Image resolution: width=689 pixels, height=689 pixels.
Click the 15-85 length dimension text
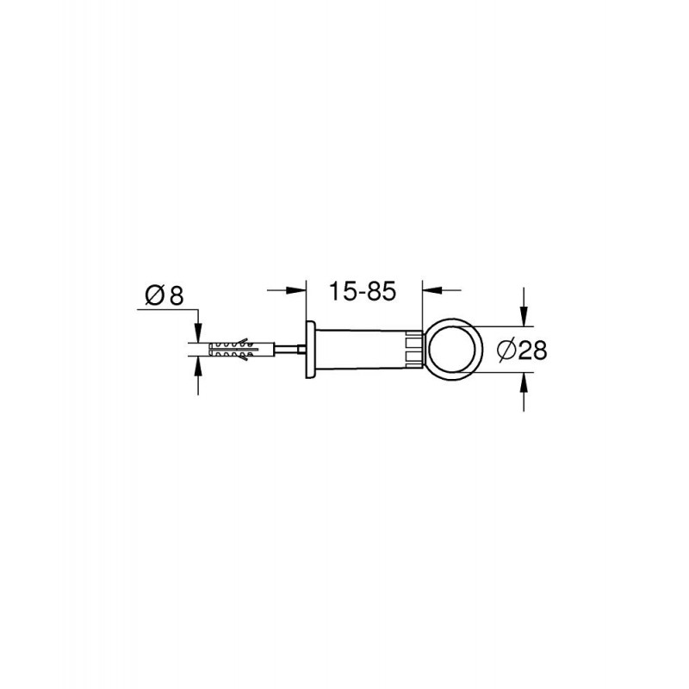(x=363, y=291)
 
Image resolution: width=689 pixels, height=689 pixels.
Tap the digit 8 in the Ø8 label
(x=176, y=295)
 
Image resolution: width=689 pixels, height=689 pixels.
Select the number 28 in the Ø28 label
(x=532, y=351)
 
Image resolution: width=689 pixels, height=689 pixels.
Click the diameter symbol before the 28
(x=507, y=351)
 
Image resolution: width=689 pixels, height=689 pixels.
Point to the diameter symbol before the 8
(x=155, y=295)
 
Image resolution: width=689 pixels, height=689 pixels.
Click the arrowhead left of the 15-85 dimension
(x=296, y=290)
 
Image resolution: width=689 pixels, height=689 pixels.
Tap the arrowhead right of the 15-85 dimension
(x=432, y=290)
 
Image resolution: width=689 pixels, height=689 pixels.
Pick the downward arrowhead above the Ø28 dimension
(x=523, y=316)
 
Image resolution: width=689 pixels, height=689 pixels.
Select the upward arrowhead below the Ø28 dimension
(x=523, y=382)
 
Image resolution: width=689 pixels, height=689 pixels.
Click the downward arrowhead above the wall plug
(x=199, y=332)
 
